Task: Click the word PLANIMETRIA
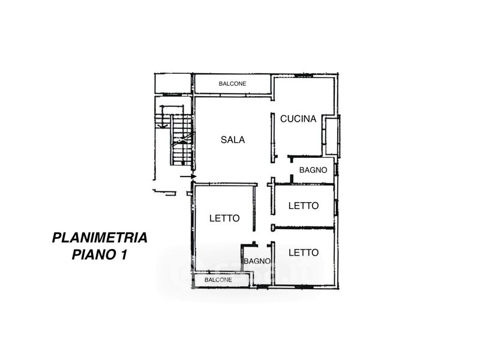100,238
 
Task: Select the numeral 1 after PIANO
122,255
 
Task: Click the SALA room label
232,140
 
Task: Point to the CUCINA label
298,119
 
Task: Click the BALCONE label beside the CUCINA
232,84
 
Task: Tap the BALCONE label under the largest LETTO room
218,280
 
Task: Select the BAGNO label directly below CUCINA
313,170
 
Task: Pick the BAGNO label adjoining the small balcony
256,261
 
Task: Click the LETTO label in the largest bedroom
224,218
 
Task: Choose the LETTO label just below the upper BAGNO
303,206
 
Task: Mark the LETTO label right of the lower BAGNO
303,253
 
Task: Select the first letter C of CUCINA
283,119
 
